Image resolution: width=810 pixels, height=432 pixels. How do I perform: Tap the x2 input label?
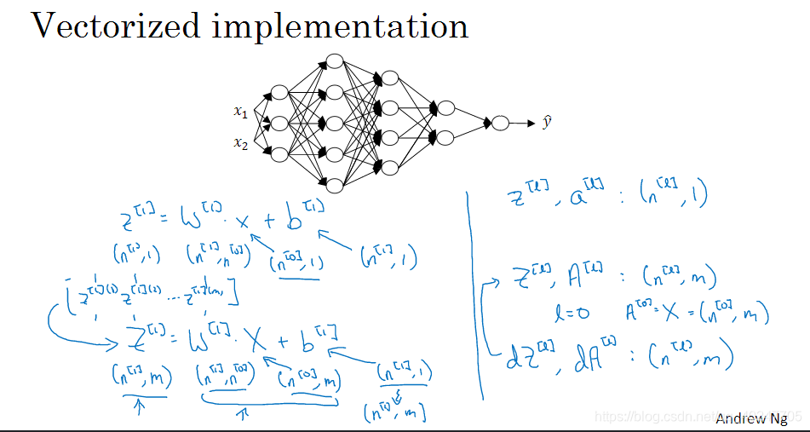[240, 142]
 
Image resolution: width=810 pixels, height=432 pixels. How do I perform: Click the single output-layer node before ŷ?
[501, 124]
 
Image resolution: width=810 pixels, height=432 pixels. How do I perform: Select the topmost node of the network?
[335, 61]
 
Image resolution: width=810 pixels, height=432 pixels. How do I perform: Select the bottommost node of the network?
[335, 185]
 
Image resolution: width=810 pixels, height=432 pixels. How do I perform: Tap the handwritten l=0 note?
[571, 314]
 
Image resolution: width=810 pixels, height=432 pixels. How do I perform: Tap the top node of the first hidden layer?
[279, 93]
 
